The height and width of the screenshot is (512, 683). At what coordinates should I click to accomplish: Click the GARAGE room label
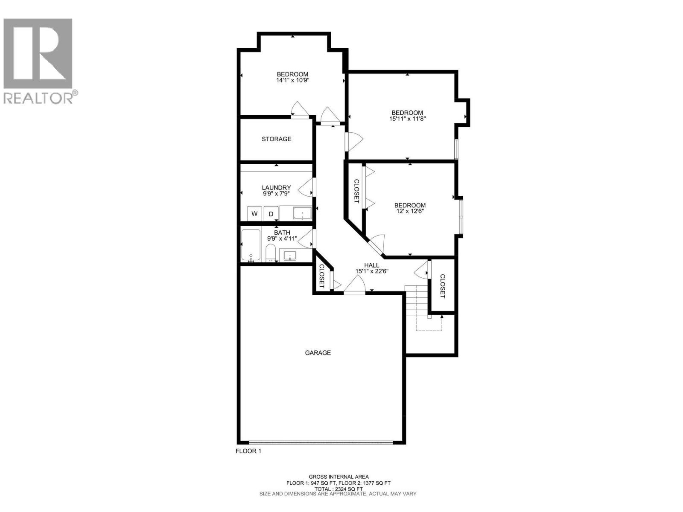tap(318, 353)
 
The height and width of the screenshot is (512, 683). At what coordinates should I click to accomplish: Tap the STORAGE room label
tap(276, 139)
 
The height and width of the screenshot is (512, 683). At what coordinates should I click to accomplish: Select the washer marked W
tap(254, 213)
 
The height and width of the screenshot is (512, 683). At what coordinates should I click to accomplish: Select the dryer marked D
tap(271, 213)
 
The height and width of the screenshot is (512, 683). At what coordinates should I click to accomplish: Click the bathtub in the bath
tap(251, 245)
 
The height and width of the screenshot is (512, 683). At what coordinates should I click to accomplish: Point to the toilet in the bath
tap(271, 253)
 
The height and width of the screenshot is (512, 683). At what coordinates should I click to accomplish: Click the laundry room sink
tap(302, 213)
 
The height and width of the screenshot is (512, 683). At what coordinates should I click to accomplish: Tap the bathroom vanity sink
tap(290, 256)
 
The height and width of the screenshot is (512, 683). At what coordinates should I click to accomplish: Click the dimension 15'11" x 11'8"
tap(407, 119)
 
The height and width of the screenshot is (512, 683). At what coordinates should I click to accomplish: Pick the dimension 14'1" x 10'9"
tap(292, 80)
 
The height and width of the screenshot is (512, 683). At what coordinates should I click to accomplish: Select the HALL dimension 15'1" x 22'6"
tap(371, 271)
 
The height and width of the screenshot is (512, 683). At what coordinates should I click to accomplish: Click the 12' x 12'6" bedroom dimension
tap(410, 211)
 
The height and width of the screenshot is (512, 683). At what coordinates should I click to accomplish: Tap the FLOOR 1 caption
tap(248, 451)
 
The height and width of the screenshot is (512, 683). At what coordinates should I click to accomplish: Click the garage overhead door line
tap(320, 442)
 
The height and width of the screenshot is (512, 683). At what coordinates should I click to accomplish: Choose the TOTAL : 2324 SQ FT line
tap(339, 489)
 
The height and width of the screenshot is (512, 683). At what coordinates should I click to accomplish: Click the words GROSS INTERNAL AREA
tap(339, 477)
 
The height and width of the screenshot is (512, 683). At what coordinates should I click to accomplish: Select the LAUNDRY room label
tap(276, 188)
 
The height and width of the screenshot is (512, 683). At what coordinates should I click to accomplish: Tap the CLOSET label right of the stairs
tap(442, 286)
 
